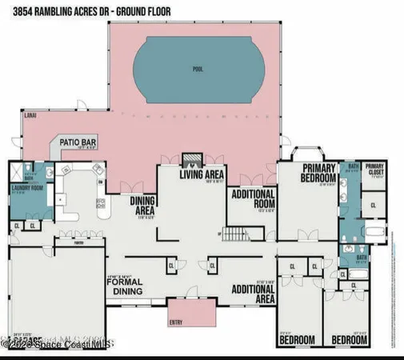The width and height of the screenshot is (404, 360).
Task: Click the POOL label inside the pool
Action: click(198, 70)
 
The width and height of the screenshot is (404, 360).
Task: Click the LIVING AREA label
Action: click(202, 174)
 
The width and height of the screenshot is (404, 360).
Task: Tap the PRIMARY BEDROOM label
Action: click(310, 173)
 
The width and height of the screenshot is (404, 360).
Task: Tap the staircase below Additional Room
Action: click(233, 236)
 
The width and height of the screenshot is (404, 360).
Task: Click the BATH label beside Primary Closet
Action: click(352, 166)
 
